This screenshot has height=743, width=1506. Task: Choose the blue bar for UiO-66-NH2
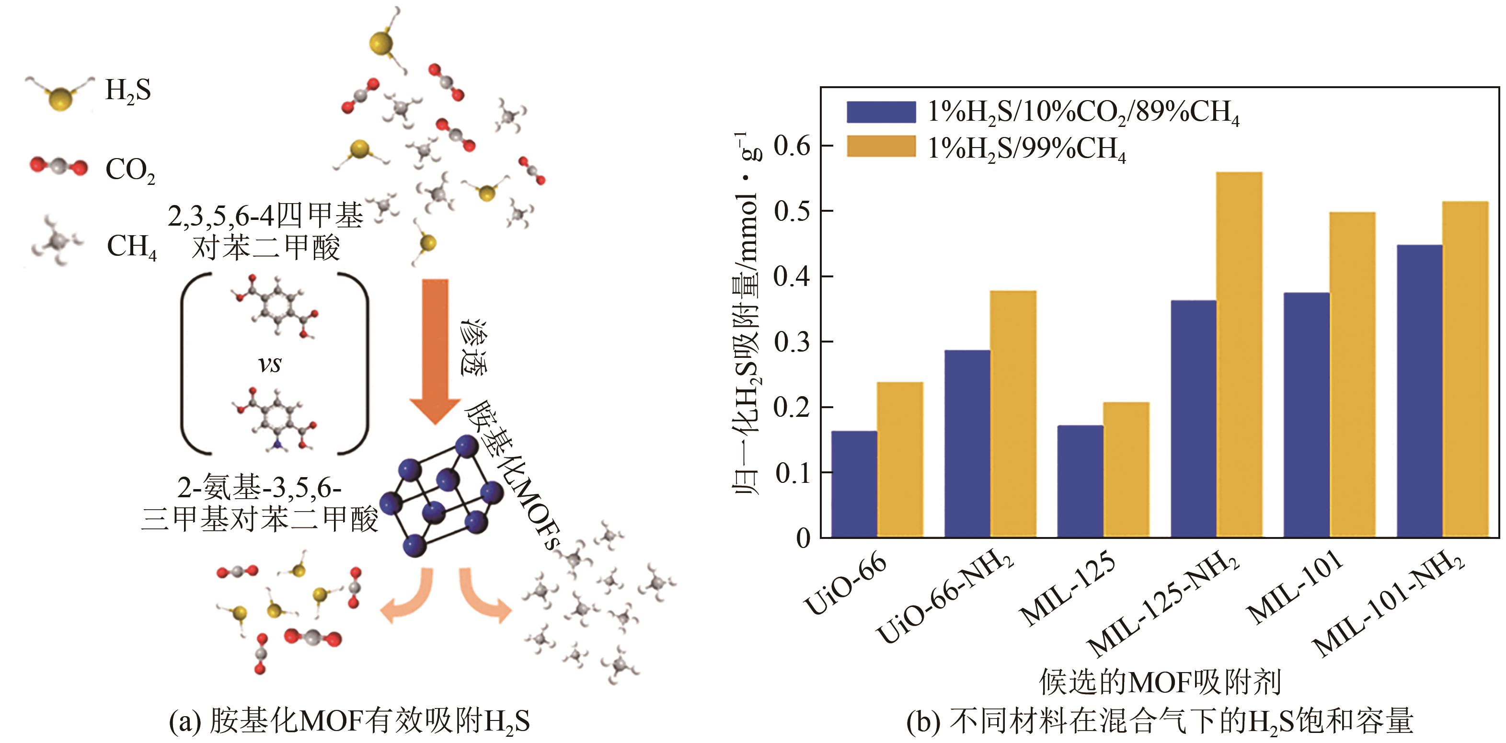point(967,444)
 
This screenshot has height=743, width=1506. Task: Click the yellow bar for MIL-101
point(1352,375)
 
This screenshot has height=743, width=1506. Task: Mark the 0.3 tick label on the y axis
point(792,342)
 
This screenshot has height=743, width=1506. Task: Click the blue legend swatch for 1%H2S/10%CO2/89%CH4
point(881,112)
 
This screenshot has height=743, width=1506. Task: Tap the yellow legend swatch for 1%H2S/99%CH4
point(881,147)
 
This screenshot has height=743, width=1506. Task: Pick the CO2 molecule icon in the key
point(59,168)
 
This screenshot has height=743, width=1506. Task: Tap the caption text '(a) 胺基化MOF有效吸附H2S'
point(350,721)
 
